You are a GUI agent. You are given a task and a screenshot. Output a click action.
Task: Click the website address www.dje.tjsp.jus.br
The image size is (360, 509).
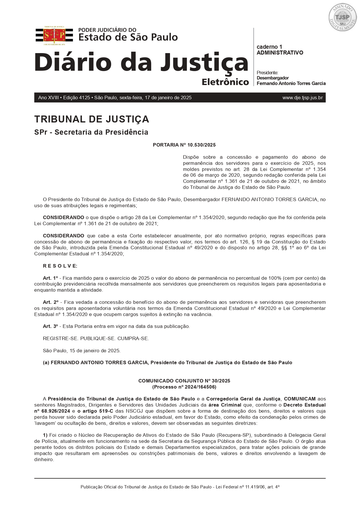pos(302,98)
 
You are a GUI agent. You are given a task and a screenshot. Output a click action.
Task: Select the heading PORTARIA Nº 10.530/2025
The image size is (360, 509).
pos(184,145)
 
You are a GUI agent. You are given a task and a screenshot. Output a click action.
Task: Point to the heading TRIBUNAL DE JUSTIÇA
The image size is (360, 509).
pos(91,119)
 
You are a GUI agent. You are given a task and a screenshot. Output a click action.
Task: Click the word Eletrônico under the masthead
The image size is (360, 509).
pos(225,82)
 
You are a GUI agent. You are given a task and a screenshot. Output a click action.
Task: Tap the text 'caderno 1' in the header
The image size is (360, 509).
pos(269,47)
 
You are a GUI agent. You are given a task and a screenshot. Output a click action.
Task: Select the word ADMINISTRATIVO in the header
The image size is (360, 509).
pos(280,53)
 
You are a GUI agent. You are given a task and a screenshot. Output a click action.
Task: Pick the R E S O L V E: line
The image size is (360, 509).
pos(60,266)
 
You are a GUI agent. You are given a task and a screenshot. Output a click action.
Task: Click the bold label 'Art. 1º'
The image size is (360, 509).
pos(50,278)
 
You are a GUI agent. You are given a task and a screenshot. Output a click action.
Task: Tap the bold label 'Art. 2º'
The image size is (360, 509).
pos(50,302)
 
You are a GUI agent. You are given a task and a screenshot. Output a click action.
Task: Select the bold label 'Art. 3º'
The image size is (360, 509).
pos(50,326)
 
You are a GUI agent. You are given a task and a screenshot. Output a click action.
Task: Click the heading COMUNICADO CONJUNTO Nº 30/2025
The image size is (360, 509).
pos(184,381)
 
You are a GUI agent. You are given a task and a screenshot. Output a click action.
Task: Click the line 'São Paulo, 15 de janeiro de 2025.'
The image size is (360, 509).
pos(82,351)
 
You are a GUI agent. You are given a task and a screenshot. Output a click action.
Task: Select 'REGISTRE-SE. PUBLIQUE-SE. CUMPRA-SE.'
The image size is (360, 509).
pos(96,338)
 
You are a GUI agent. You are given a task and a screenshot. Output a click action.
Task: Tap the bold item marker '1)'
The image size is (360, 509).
pos(45,435)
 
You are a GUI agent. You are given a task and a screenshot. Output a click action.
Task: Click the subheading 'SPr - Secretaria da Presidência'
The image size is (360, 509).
pos(91,132)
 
